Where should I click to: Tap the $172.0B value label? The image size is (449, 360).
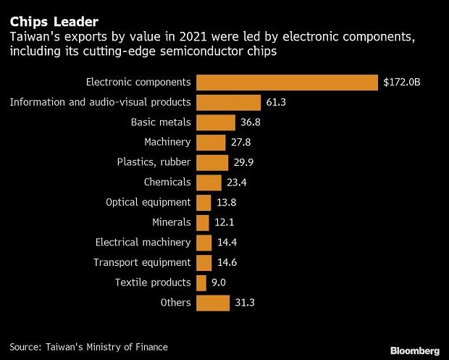(x=402, y=83)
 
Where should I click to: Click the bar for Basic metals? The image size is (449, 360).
(x=216, y=122)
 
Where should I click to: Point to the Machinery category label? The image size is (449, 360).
(x=167, y=142)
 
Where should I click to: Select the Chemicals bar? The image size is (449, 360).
(x=209, y=183)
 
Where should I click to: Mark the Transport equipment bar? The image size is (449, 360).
(x=204, y=262)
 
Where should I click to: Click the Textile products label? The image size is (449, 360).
(x=153, y=282)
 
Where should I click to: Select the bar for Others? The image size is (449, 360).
(x=213, y=303)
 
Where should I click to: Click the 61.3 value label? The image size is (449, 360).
(x=276, y=103)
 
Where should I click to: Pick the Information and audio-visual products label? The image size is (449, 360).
(x=100, y=102)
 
